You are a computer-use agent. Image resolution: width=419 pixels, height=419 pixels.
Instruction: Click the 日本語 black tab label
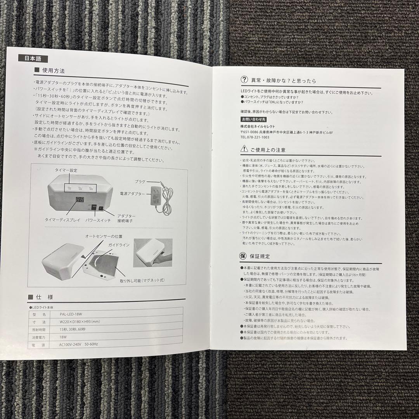pos(33,59)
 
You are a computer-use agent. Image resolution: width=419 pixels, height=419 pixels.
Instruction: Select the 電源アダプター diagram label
pos(133,193)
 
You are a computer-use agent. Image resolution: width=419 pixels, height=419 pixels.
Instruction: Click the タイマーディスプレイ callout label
pos(62,220)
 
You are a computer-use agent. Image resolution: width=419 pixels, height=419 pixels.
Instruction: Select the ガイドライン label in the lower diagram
pos(119,246)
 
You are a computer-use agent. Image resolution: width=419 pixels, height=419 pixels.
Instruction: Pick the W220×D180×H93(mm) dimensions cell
pos(80,322)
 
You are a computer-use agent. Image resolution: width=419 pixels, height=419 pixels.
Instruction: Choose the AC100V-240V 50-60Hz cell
pos(79,345)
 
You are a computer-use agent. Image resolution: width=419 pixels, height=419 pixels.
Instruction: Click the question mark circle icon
pos(244,80)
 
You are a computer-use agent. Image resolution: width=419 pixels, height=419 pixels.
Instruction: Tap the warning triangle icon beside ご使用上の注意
pos(244,149)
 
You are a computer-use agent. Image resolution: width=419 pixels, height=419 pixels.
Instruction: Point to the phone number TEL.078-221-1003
pos(255,137)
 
